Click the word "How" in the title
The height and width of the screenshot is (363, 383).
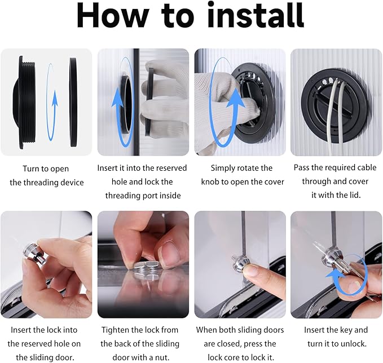coord(113,16)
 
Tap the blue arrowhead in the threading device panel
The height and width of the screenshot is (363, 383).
coord(55,98)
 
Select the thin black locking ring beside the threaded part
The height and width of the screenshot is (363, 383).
coord(73,102)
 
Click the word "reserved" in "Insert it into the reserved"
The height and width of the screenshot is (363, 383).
coord(171,168)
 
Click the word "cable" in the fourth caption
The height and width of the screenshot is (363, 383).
coord(367,167)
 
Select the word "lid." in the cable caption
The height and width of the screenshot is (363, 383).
coord(354,195)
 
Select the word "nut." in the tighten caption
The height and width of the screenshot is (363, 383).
coord(163,357)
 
